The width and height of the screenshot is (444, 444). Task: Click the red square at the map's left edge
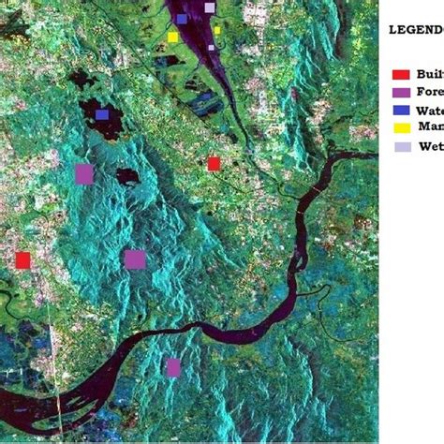pos(22,259)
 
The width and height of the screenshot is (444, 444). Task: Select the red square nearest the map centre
pos(214,163)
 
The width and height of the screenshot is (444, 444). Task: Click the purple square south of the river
pos(172,367)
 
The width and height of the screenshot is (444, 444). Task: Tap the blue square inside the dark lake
pos(101,114)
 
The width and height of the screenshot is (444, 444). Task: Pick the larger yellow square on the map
pos(172,37)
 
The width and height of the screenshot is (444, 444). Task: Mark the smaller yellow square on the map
pos(217,30)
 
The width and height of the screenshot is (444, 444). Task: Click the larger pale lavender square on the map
pos(209,7)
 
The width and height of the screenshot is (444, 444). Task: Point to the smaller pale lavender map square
pos(211,46)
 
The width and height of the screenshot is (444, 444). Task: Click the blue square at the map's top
pos(182,18)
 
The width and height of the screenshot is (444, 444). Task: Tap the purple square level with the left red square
pos(135,259)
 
